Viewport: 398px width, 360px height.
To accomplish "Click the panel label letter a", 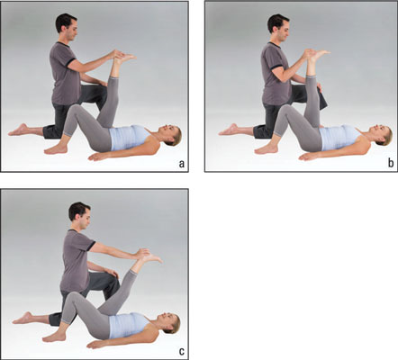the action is pyautogui.click(x=181, y=164).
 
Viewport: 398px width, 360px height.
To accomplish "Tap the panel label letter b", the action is pyautogui.click(x=391, y=163).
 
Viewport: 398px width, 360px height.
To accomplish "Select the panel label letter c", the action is pyautogui.click(x=182, y=351).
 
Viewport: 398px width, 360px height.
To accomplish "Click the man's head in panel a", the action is pyautogui.click(x=67, y=27).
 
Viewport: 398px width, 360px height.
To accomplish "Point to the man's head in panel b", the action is pyautogui.click(x=278, y=28).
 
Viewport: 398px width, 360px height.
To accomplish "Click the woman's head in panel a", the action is pyautogui.click(x=171, y=135).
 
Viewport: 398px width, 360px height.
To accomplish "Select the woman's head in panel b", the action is pyautogui.click(x=382, y=136).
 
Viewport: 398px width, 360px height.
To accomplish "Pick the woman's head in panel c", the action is pyautogui.click(x=169, y=323).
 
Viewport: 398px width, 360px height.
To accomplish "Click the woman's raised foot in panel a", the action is pyautogui.click(x=124, y=58).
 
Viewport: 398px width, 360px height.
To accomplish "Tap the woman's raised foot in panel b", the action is pyautogui.click(x=319, y=56).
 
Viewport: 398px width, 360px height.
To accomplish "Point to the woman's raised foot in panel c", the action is pyautogui.click(x=151, y=258).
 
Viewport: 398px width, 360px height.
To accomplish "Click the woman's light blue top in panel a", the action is pyautogui.click(x=129, y=138).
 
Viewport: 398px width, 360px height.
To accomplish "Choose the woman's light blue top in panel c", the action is pyautogui.click(x=129, y=326).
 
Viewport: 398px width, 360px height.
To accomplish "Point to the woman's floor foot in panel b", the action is pyautogui.click(x=267, y=149).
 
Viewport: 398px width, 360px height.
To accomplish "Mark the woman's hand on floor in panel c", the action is pyautogui.click(x=96, y=344).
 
